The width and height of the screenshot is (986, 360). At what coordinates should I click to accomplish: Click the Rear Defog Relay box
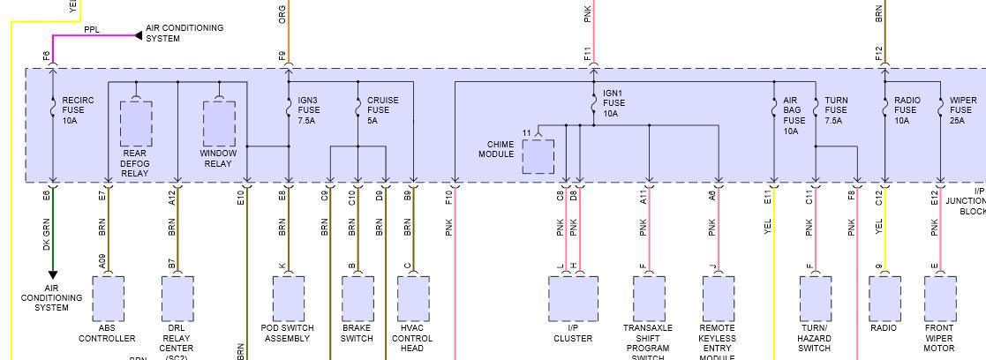[135, 124]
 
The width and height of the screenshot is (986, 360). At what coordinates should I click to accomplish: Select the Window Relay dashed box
[219, 124]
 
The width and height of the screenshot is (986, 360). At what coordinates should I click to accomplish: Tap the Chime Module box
[538, 156]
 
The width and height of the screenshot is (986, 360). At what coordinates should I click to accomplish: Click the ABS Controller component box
[108, 298]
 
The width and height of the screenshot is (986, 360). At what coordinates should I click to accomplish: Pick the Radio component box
[884, 298]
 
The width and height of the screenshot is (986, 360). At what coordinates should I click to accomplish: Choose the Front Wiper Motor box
[940, 298]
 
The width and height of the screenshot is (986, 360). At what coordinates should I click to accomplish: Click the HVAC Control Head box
[413, 298]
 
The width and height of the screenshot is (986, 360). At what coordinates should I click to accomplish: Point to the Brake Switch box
[358, 298]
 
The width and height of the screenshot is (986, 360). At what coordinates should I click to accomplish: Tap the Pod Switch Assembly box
[288, 298]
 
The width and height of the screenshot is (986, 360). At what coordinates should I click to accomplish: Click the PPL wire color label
[92, 29]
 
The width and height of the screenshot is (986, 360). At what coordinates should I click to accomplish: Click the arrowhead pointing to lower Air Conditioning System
[52, 275]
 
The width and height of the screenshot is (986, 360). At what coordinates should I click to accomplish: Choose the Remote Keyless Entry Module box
[718, 298]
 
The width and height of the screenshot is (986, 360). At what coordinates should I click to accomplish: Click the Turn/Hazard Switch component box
[815, 298]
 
